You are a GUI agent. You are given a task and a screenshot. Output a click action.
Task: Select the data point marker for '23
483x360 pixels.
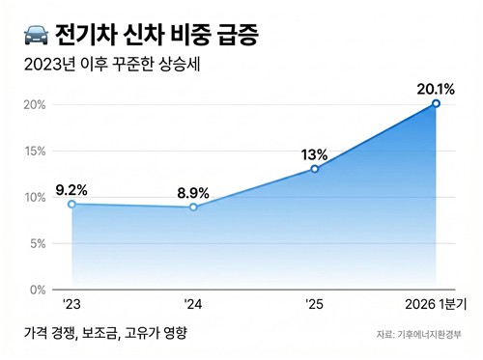(71, 205)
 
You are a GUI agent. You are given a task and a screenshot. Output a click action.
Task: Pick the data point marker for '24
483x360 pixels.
(193, 207)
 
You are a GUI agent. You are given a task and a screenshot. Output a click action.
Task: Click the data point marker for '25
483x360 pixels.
(315, 169)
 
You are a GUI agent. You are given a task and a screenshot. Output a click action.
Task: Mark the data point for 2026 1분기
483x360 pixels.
(437, 103)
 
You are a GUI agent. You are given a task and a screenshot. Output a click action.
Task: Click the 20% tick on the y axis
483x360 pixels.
(35, 104)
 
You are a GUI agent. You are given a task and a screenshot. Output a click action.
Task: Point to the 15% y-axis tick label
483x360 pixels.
(35, 151)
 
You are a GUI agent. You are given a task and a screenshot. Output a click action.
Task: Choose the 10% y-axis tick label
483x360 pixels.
(35, 197)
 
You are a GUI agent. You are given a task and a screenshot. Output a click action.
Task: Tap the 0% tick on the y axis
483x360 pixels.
(39, 290)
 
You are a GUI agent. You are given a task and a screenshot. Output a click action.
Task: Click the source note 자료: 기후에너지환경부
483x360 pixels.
(419, 336)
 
